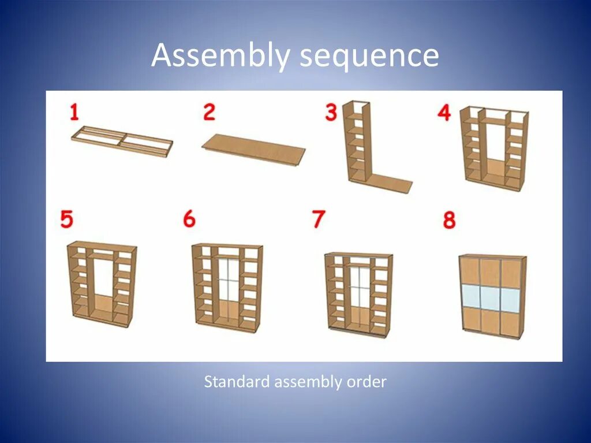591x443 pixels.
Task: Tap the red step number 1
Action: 74,111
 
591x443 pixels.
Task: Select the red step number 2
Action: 209,111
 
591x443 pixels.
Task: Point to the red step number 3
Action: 331,112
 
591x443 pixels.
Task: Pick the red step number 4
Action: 444,112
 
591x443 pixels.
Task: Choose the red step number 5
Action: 68,219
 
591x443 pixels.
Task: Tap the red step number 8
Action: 450,220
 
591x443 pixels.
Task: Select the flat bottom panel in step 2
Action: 254,148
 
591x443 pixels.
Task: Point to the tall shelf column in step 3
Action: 357,142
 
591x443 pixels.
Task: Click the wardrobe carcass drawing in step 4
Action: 494,148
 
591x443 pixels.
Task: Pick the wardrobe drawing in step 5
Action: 102,283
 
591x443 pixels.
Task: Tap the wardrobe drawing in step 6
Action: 227,286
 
